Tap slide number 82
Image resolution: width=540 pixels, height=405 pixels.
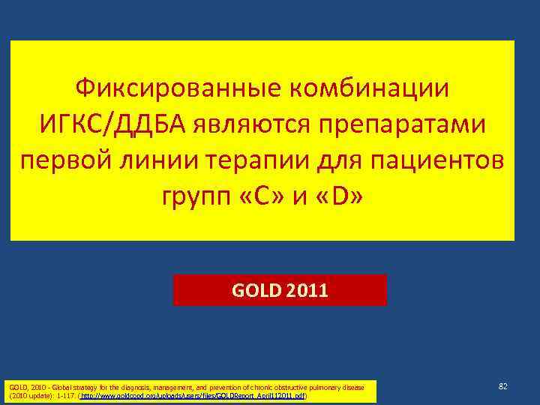[x=503, y=385]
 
